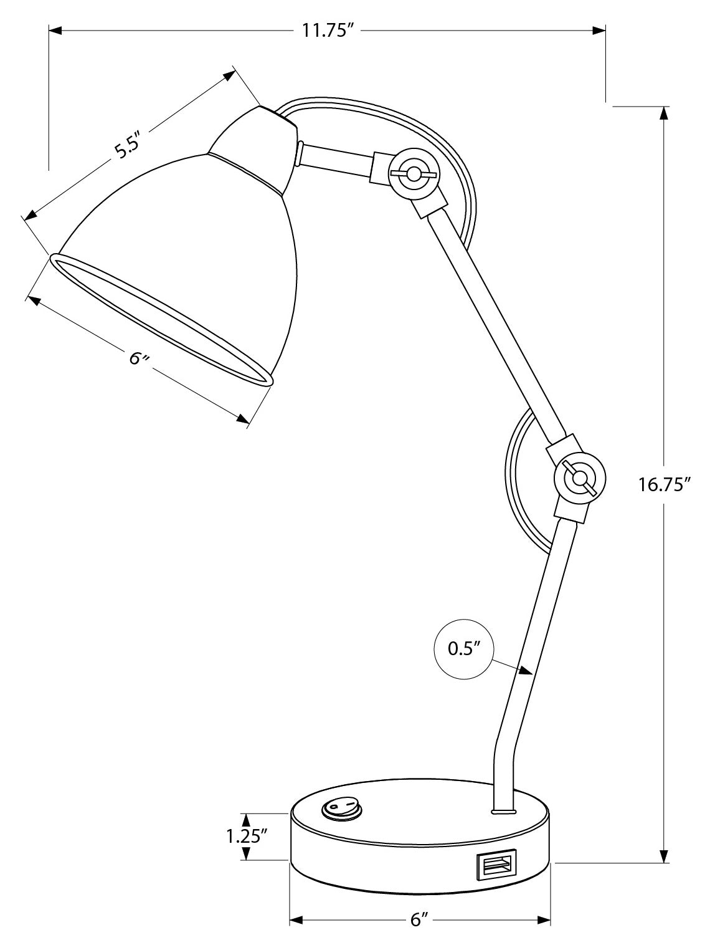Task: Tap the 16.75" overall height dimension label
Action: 665,484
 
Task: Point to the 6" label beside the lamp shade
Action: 139,359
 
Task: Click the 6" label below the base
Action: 420,919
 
